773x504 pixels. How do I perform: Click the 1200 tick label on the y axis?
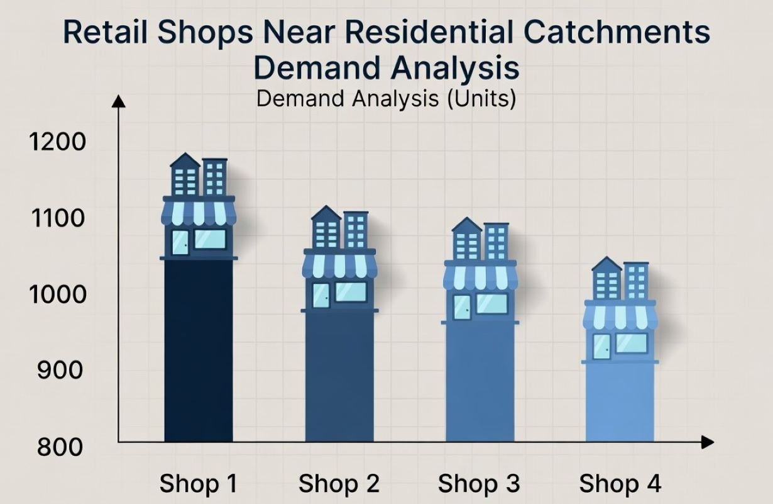pyautogui.click(x=58, y=142)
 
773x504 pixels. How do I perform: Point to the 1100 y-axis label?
pyautogui.click(x=57, y=218)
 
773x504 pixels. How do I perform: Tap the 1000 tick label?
pyautogui.click(x=57, y=294)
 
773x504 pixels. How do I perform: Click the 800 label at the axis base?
pyautogui.click(x=60, y=447)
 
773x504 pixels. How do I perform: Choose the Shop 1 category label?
pyautogui.click(x=199, y=484)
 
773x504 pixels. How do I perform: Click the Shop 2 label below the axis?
pyautogui.click(x=339, y=484)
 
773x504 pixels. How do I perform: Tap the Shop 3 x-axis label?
pyautogui.click(x=479, y=484)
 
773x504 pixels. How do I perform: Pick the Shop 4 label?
pyautogui.click(x=620, y=484)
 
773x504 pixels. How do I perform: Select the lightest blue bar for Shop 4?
pyautogui.click(x=620, y=403)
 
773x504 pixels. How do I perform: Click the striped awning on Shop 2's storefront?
pyautogui.click(x=339, y=266)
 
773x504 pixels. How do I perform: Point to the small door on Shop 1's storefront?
pyautogui.click(x=180, y=243)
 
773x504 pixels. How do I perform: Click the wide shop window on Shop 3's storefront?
pyautogui.click(x=491, y=304)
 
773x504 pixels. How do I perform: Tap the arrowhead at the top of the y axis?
pyautogui.click(x=119, y=100)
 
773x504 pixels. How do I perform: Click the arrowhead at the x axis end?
pyautogui.click(x=708, y=442)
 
